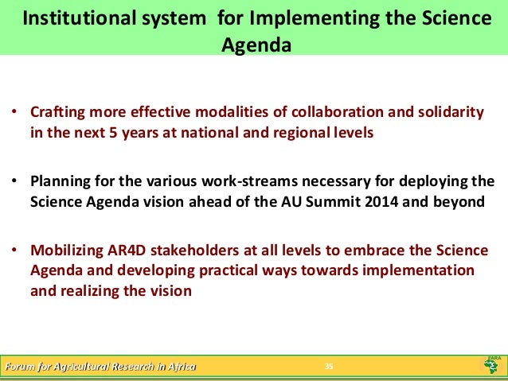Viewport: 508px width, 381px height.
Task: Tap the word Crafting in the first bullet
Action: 55,111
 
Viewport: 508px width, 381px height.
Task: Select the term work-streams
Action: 232,180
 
